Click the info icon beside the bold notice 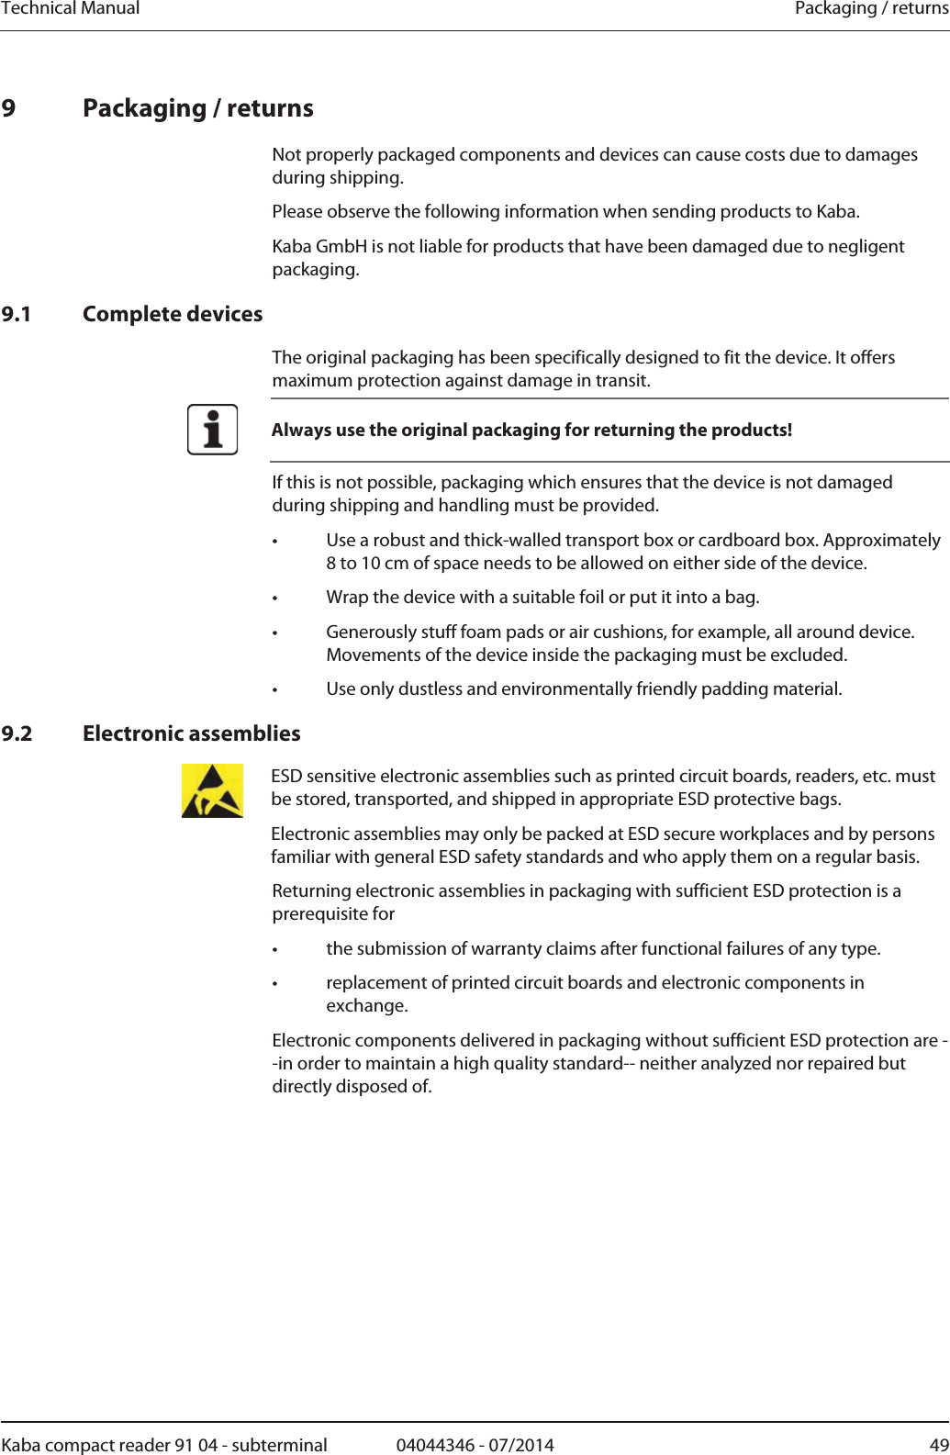[x=212, y=430]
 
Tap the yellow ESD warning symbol [x=212, y=790]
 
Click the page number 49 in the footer [x=938, y=1445]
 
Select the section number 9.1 [x=17, y=314]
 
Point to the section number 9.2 [x=17, y=733]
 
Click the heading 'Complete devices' [x=173, y=314]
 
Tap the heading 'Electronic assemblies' [x=191, y=733]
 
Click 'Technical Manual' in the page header [x=71, y=8]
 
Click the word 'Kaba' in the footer [x=20, y=1445]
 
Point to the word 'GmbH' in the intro [x=341, y=246]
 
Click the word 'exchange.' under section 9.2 [x=367, y=1005]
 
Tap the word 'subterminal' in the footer [x=279, y=1445]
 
